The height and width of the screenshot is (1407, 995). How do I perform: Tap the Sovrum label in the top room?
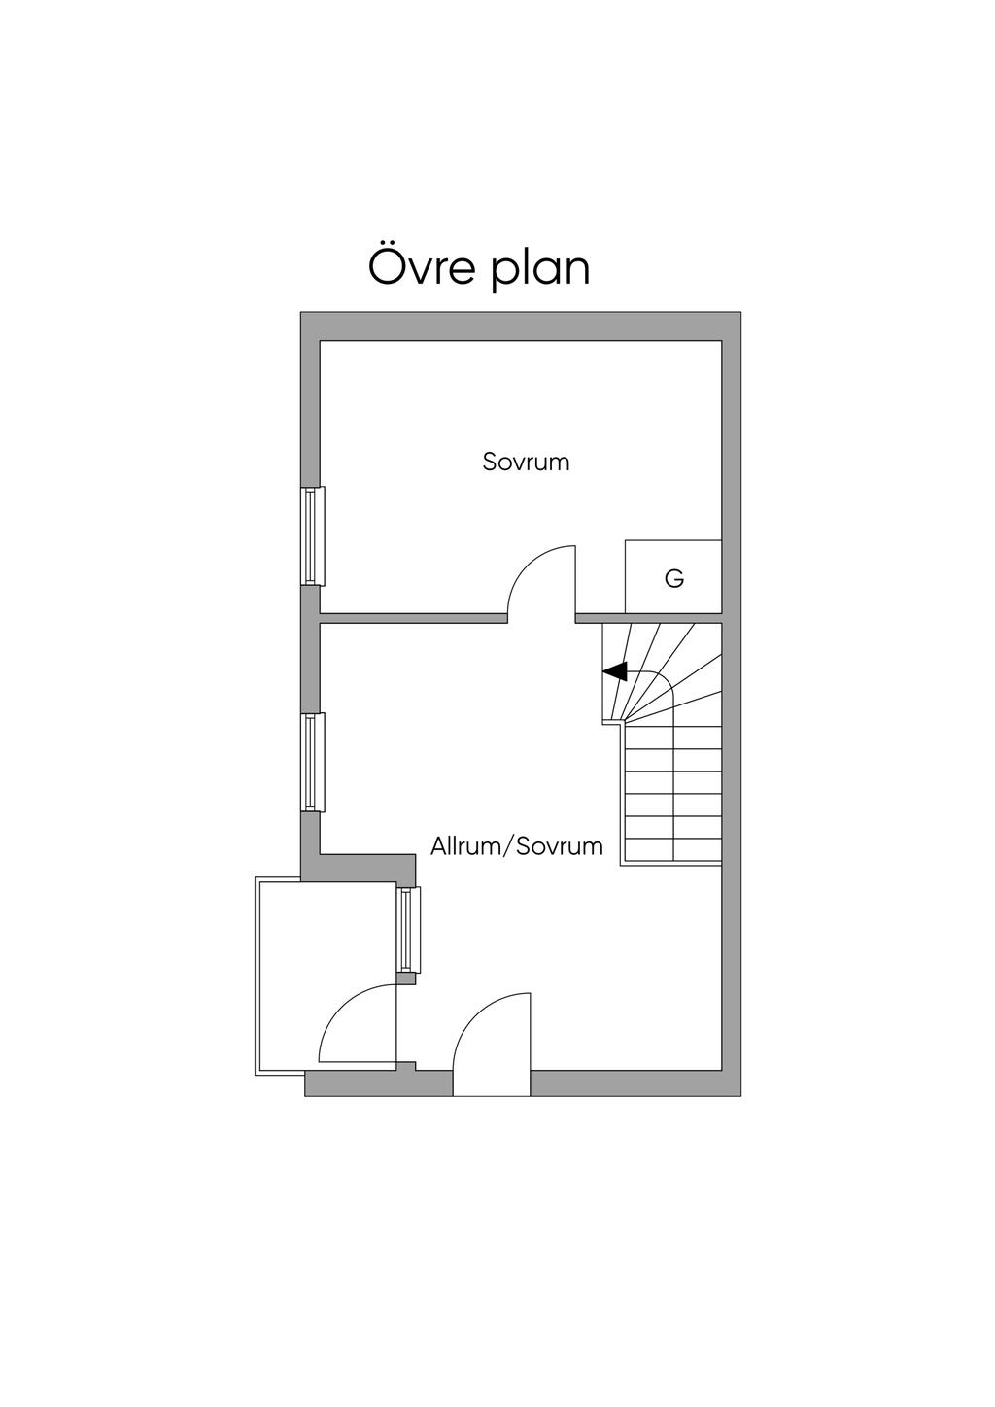526,463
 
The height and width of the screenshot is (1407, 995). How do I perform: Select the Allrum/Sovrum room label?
516,846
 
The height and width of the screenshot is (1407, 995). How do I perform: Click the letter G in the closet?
674,578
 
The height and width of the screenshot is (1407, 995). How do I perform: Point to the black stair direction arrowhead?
615,671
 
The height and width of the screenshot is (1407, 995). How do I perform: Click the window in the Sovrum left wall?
312,536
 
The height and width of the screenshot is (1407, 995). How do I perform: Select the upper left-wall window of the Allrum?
312,763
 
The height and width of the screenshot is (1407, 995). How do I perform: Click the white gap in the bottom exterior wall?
492,1082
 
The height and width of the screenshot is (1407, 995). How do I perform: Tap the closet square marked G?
673,576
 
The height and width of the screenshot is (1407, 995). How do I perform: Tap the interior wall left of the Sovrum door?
413,618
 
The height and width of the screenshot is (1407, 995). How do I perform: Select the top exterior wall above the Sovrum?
521,326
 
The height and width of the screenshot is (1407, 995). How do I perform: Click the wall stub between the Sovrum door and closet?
600,618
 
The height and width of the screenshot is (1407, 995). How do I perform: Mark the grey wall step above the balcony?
367,868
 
